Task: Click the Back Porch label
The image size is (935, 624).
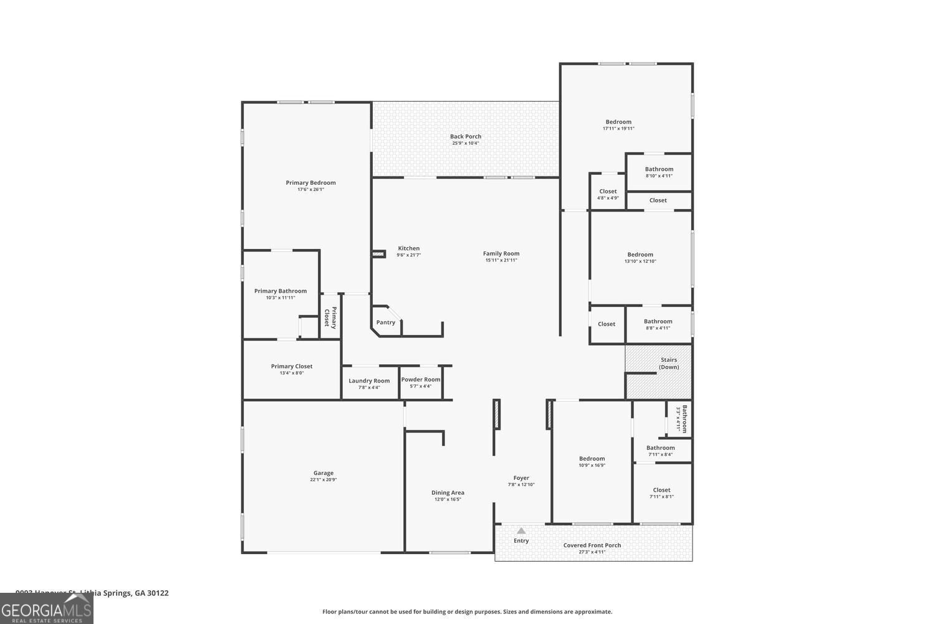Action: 466,137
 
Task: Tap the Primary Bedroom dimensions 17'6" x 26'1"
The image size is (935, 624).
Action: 310,189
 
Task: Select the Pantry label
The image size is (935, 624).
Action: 386,323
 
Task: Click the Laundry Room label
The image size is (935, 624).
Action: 369,381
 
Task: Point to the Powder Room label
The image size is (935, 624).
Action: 421,379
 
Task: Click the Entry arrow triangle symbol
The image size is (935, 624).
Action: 521,531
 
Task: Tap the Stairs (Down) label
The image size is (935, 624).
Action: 669,363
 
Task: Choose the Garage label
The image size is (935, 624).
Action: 324,473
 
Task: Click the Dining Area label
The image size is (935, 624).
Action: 448,492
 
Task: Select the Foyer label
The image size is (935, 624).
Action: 521,478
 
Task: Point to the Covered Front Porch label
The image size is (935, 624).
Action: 592,545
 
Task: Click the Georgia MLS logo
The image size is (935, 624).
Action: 46,609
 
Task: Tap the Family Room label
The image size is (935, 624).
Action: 501,253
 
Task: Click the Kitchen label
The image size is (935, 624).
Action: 409,248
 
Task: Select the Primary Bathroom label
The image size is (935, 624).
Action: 280,291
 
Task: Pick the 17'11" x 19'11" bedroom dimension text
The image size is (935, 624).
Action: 618,129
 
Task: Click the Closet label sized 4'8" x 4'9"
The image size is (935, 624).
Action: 608,192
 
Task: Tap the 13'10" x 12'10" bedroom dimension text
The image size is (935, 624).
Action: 640,261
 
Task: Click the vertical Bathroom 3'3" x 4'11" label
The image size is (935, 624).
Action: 684,419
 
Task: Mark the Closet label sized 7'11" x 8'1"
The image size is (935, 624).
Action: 661,490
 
